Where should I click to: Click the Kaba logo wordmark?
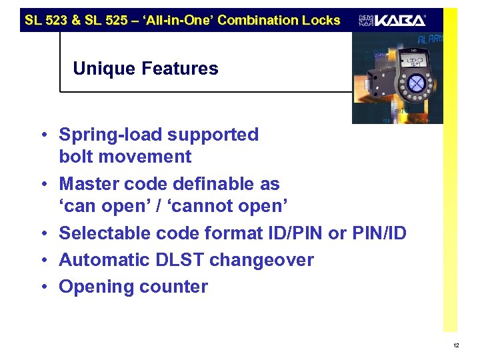click(x=400, y=21)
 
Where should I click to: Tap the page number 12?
click(x=455, y=345)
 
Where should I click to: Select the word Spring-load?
click(x=109, y=135)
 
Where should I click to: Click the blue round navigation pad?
click(x=415, y=84)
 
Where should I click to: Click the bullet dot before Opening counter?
click(x=43, y=287)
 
